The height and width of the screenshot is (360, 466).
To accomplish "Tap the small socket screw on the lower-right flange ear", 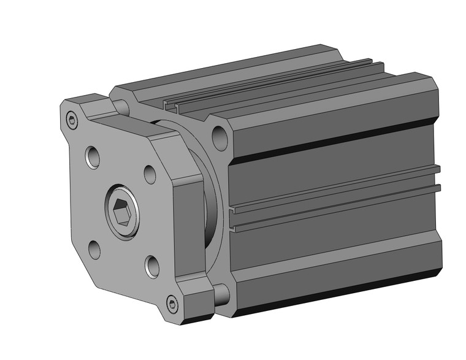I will point(172,302).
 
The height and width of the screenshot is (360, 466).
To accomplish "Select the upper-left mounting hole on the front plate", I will point(93,157).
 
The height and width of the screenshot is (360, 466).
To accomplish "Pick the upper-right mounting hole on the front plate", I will point(150,174).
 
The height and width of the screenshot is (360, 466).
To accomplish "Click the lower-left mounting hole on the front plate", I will point(94,249).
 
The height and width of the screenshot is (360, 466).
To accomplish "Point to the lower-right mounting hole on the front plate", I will point(153,266).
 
